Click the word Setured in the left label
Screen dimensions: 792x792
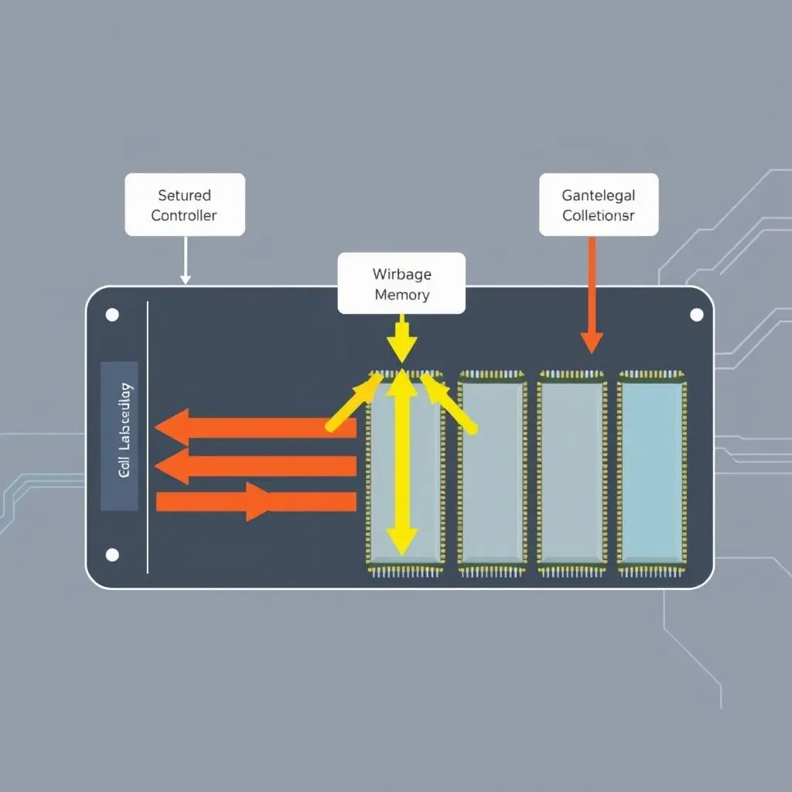pos(184,196)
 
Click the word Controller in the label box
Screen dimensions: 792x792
pos(184,215)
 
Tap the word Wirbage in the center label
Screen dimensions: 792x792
pos(401,274)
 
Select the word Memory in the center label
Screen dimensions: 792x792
pos(401,295)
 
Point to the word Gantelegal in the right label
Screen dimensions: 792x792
pos(598,196)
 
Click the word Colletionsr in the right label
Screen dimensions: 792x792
pos(598,215)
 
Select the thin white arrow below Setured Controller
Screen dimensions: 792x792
pos(185,260)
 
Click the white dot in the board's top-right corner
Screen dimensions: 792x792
pos(696,315)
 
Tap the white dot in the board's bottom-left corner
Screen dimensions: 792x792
pos(112,555)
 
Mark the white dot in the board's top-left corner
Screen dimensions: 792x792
pos(112,315)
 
